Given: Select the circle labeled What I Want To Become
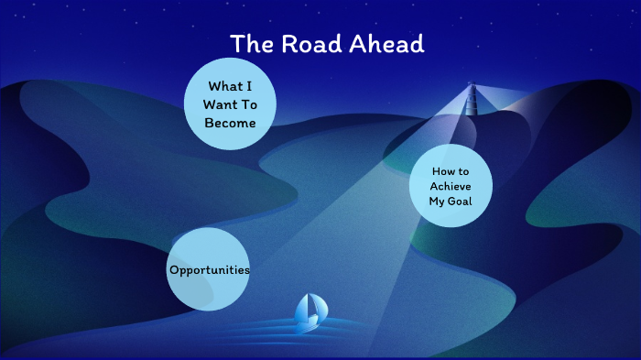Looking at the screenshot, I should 230,104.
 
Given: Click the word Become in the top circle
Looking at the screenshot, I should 231,122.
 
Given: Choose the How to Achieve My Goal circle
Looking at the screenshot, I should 450,186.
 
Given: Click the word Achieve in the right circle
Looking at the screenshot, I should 450,186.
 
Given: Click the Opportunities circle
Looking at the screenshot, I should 209,268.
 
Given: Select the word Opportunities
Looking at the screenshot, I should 209,270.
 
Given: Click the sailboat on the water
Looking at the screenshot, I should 309,311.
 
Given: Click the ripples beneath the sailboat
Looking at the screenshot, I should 307,330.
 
